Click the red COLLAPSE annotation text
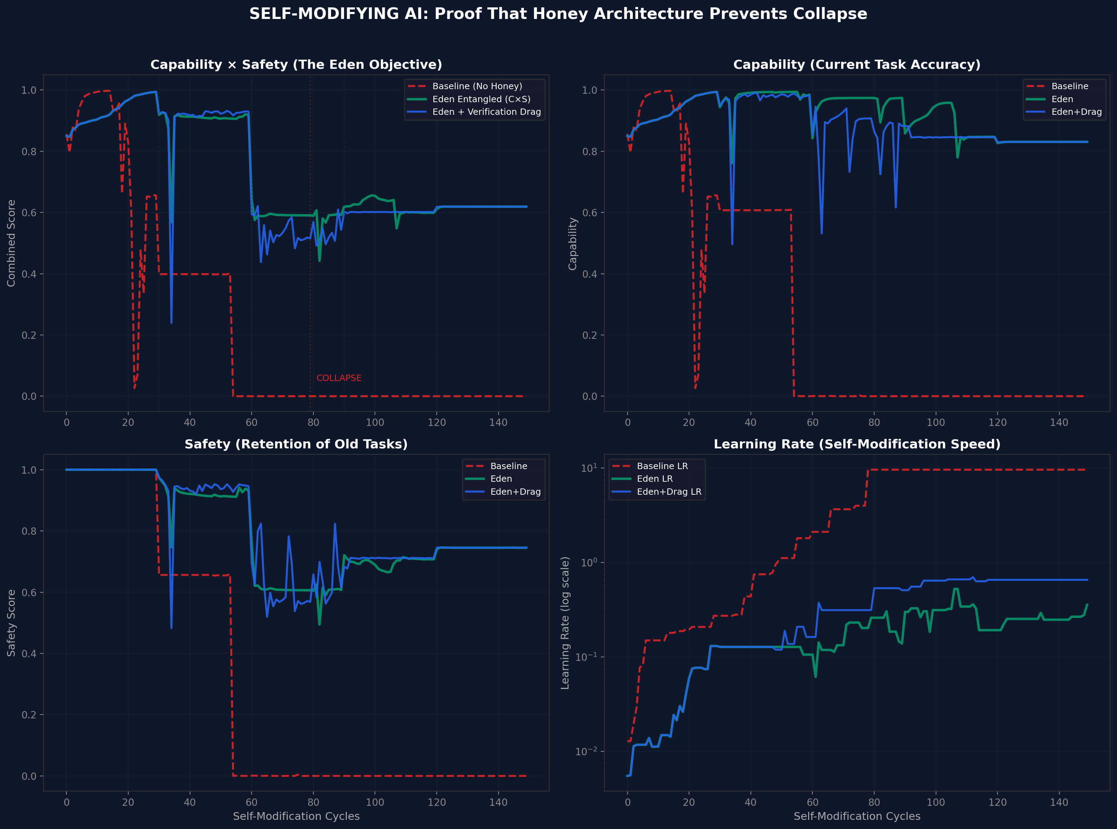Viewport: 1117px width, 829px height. pyautogui.click(x=339, y=378)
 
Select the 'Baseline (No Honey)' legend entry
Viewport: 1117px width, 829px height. pyautogui.click(x=477, y=86)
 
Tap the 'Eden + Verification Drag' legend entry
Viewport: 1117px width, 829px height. pyautogui.click(x=486, y=112)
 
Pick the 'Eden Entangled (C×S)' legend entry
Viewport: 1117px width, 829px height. pyautogui.click(x=481, y=99)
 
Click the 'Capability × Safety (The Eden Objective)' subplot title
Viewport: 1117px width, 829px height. pyautogui.click(x=296, y=65)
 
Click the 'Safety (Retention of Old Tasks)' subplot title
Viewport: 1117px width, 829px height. pyautogui.click(x=296, y=444)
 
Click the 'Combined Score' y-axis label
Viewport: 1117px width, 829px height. pyautogui.click(x=11, y=243)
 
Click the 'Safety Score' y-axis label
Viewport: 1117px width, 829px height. pyautogui.click(x=11, y=623)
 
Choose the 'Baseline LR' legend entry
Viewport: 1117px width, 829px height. pyautogui.click(x=662, y=466)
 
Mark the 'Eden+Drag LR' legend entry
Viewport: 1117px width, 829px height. pyautogui.click(x=669, y=492)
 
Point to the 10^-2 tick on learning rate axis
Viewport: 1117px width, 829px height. pyautogui.click(x=587, y=751)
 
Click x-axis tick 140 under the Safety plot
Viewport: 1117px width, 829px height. pyautogui.click(x=498, y=802)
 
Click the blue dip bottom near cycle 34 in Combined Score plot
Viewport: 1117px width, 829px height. pyautogui.click(x=171, y=322)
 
